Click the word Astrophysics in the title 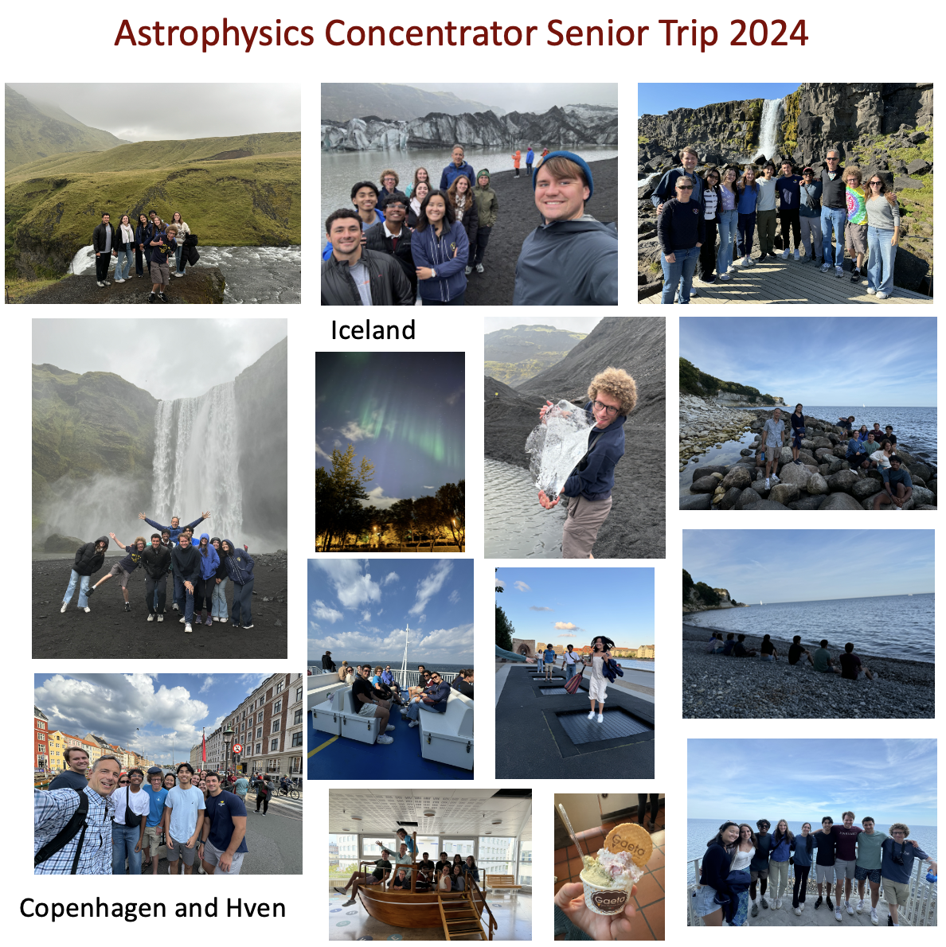pos(214,33)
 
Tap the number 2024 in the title pos(768,33)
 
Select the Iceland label pos(373,329)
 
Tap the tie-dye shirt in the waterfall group pos(856,205)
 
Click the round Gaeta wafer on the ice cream pos(627,842)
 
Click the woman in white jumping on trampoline pos(599,676)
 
